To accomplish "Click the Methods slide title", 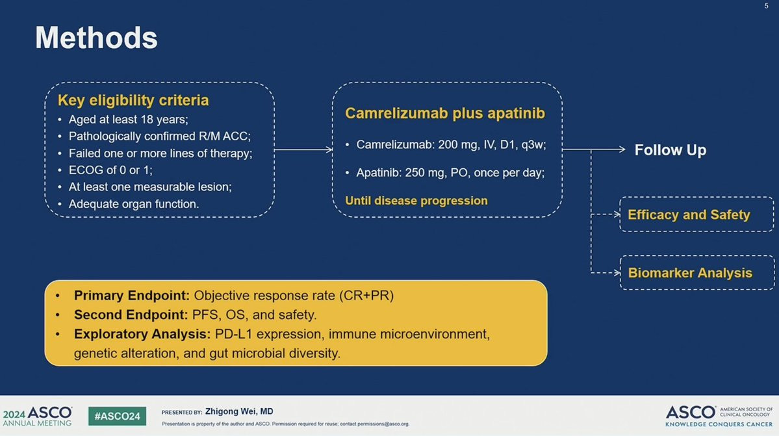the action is point(96,38).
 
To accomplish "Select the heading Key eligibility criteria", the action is point(133,100).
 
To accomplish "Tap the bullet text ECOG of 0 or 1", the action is point(110,170).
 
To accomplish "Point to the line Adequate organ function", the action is point(134,204).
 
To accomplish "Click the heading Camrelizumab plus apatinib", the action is point(445,113).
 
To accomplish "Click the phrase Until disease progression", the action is point(416,201).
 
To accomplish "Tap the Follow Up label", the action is point(670,150).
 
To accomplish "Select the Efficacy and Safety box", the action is point(696,214).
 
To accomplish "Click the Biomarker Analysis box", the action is point(696,273).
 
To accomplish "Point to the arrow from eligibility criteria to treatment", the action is point(303,149).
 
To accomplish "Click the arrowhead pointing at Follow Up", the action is point(622,149).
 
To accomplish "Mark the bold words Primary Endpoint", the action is point(132,296).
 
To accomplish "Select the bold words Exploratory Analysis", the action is point(142,334).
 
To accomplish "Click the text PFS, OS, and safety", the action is point(255,315).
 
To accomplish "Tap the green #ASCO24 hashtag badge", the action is point(117,416).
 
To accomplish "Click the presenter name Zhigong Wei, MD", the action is point(239,412).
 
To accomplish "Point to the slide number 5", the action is point(766,6).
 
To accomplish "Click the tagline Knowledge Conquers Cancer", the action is point(719,424).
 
